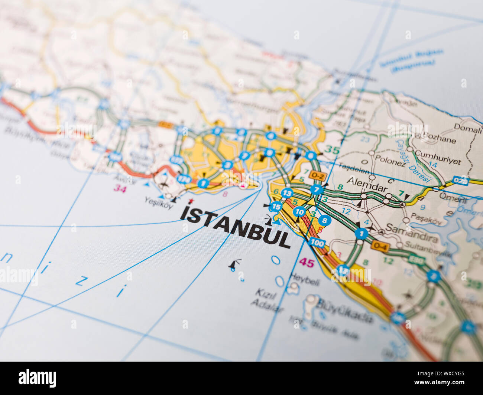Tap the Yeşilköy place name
(159, 203)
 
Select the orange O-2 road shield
(318, 175)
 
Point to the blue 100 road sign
(317, 243)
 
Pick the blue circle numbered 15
(275, 206)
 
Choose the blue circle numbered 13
(287, 193)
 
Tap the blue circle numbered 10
(299, 212)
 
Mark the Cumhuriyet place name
(437, 157)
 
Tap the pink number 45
(307, 263)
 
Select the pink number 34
(120, 188)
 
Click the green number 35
(332, 149)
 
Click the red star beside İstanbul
(191, 201)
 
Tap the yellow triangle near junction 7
(311, 202)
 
